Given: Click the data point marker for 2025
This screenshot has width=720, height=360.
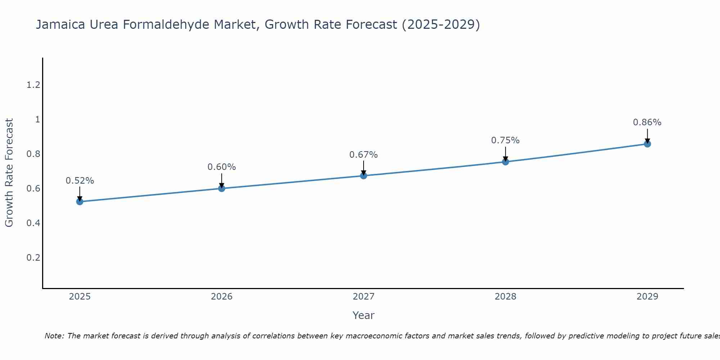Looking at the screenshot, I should point(80,202).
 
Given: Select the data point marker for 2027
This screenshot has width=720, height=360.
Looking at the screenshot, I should point(364,176).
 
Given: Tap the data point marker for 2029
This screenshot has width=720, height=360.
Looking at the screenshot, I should point(647,144).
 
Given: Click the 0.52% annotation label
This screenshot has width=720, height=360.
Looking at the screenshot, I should point(80,181).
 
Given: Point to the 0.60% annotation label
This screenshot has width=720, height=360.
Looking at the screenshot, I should point(221,167).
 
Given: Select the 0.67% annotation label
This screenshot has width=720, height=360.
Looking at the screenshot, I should point(363,155).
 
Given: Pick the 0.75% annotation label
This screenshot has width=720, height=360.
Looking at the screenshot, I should point(505,140).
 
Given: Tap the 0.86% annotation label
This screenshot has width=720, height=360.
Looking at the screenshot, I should point(647,122).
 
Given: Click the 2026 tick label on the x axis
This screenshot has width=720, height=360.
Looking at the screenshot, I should point(221,297).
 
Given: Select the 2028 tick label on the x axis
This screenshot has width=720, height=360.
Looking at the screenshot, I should point(505,297).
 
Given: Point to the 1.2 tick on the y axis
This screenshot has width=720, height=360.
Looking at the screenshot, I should point(33,85).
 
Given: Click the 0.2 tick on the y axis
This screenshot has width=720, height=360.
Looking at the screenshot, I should point(33,258).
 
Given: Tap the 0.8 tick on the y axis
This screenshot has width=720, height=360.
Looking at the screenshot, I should point(33,154).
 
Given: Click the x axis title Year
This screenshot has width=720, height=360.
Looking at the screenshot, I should point(363,315).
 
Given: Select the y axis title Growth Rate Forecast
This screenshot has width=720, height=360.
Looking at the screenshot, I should point(9,173).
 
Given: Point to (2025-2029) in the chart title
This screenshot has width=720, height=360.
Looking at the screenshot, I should point(441,24).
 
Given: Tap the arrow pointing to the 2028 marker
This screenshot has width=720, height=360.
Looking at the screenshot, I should point(505,154).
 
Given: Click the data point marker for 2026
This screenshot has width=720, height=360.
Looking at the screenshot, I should point(221,188).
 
